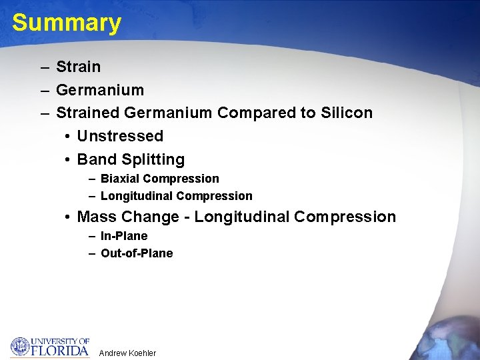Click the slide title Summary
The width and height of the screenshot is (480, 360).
[67, 23]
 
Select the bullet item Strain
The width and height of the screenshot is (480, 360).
[78, 67]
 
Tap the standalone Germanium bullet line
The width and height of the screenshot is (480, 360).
[100, 90]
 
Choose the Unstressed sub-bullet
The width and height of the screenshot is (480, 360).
[120, 136]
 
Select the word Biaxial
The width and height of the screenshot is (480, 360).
[120, 179]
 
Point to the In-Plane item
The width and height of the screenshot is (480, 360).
[124, 236]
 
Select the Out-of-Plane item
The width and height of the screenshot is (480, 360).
[137, 253]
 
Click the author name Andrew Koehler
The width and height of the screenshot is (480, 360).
[127, 353]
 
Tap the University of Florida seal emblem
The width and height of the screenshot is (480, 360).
[20, 347]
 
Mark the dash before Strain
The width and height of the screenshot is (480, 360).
[43, 67]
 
